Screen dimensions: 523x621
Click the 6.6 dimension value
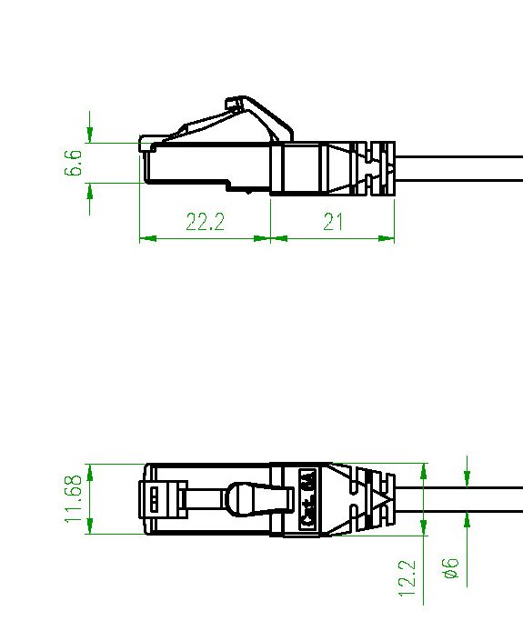click(73, 163)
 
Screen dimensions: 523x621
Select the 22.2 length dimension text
click(206, 222)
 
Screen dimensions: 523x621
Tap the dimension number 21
click(333, 222)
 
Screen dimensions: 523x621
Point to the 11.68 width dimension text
click(74, 498)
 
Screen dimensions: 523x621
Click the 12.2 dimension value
click(407, 578)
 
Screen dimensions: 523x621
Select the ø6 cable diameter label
click(451, 569)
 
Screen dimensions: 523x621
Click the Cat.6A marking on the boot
click(307, 498)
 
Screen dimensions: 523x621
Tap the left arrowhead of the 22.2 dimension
click(147, 238)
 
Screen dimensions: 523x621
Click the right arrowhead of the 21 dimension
click(387, 238)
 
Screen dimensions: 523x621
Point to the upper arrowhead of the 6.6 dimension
click(90, 135)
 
